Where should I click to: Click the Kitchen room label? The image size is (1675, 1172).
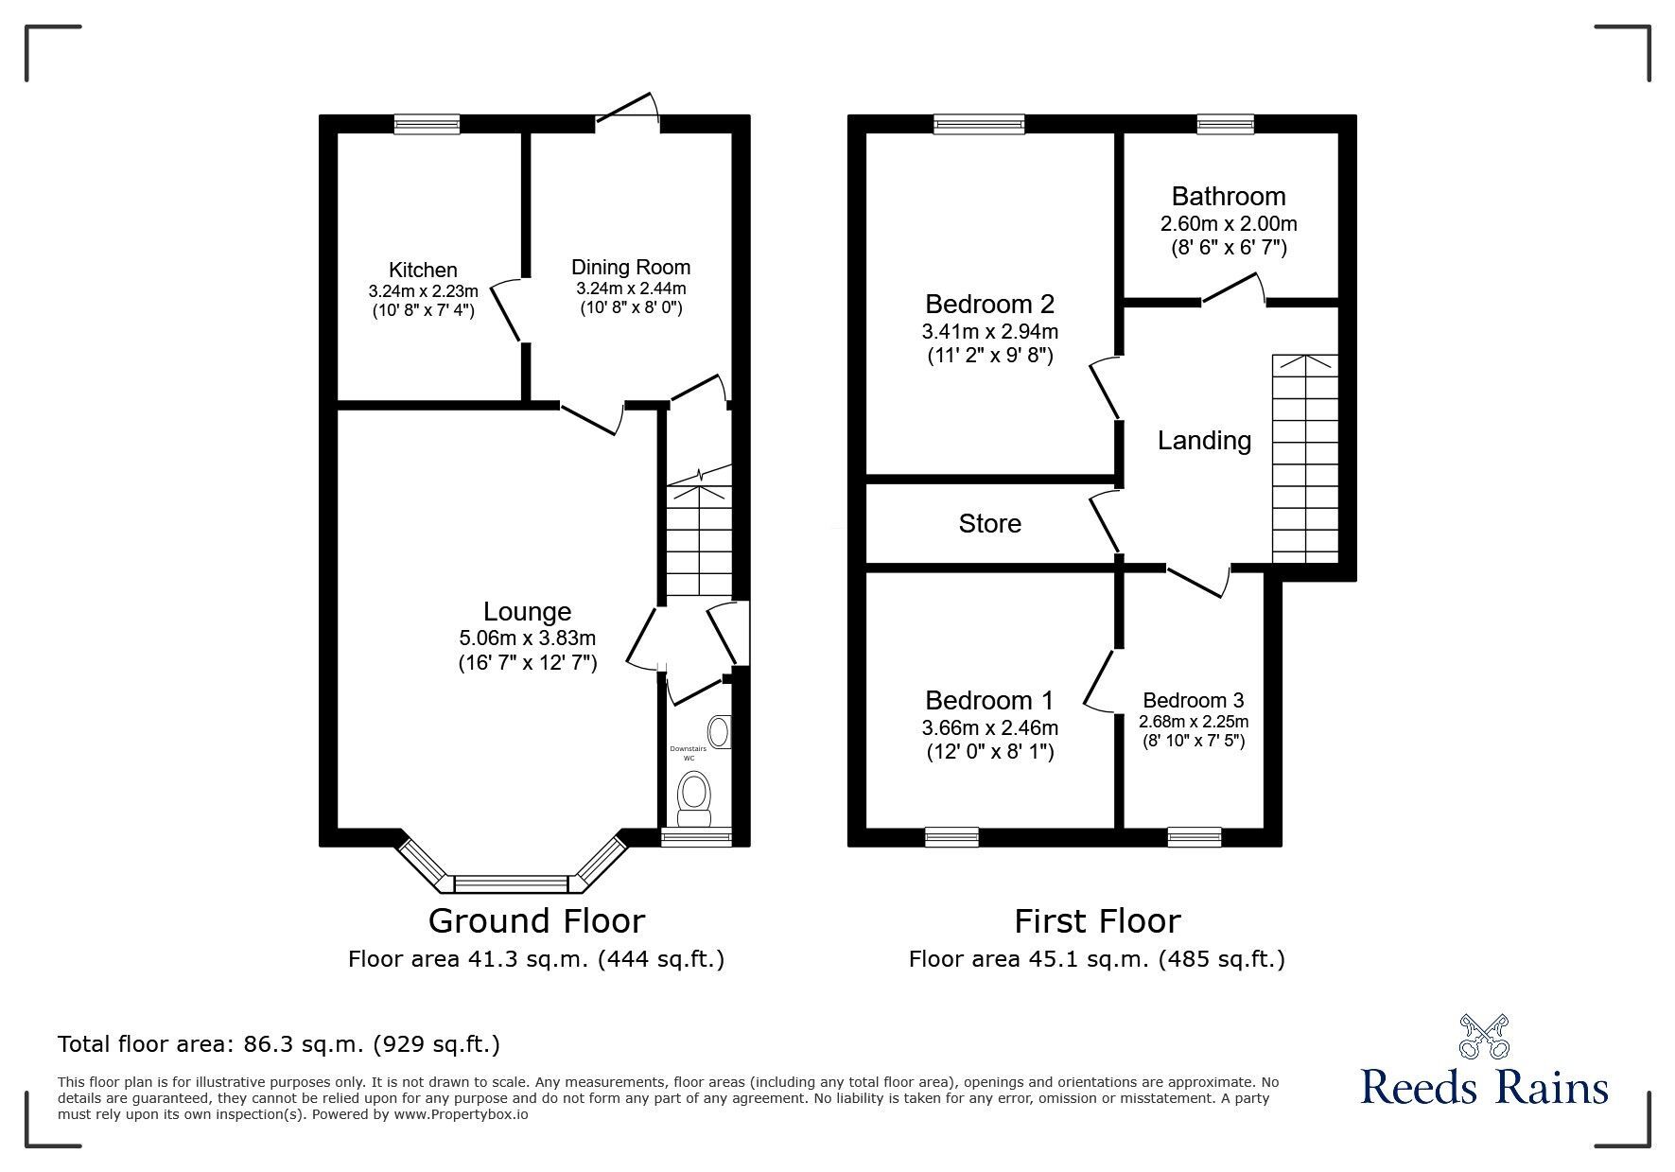coord(423,271)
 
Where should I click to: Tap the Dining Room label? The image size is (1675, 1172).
coord(631,267)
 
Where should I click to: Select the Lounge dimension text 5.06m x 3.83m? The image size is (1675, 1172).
coord(527,638)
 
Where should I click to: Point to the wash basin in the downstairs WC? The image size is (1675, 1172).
coord(720,731)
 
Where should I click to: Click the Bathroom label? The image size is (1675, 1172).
coord(1229,197)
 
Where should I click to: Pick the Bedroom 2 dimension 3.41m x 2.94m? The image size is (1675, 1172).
coord(989,332)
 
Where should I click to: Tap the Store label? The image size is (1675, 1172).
coord(989,524)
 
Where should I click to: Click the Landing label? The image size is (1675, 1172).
coord(1204,441)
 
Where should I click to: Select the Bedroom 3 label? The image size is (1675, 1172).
coord(1193,701)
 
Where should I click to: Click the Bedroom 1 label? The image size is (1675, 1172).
coord(988,701)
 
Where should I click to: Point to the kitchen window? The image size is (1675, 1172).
coord(427,123)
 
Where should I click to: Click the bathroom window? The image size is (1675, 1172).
coord(1225,123)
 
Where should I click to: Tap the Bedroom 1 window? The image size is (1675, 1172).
coord(951,836)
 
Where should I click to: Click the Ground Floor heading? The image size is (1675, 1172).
coord(536,920)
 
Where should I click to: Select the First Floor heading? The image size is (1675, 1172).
coord(1097,920)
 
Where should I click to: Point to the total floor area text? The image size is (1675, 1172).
coord(279,1044)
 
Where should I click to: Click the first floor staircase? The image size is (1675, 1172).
coord(1305,459)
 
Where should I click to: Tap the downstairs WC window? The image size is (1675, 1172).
coord(696,836)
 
